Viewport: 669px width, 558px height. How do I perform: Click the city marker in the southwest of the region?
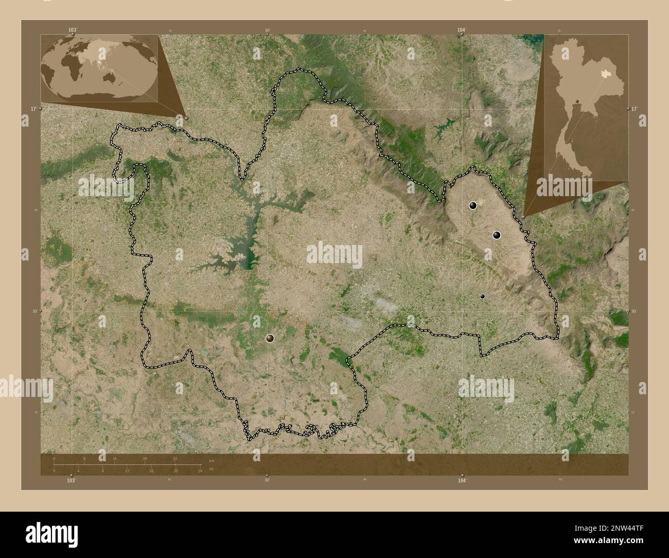click(x=270, y=338)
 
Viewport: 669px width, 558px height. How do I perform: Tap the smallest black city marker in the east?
click(x=482, y=296)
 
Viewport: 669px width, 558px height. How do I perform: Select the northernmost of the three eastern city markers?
click(x=473, y=206)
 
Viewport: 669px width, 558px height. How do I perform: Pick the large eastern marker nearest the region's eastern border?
click(x=497, y=235)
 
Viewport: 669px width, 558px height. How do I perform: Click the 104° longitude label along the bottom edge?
click(x=462, y=480)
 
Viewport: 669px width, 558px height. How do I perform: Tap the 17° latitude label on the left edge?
click(x=33, y=109)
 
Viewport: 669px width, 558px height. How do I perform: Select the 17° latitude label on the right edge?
click(x=635, y=109)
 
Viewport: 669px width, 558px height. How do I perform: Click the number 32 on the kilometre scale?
click(x=175, y=458)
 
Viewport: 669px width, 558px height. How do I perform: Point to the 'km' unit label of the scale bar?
click(x=212, y=460)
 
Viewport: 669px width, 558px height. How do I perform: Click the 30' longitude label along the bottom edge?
click(x=267, y=480)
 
